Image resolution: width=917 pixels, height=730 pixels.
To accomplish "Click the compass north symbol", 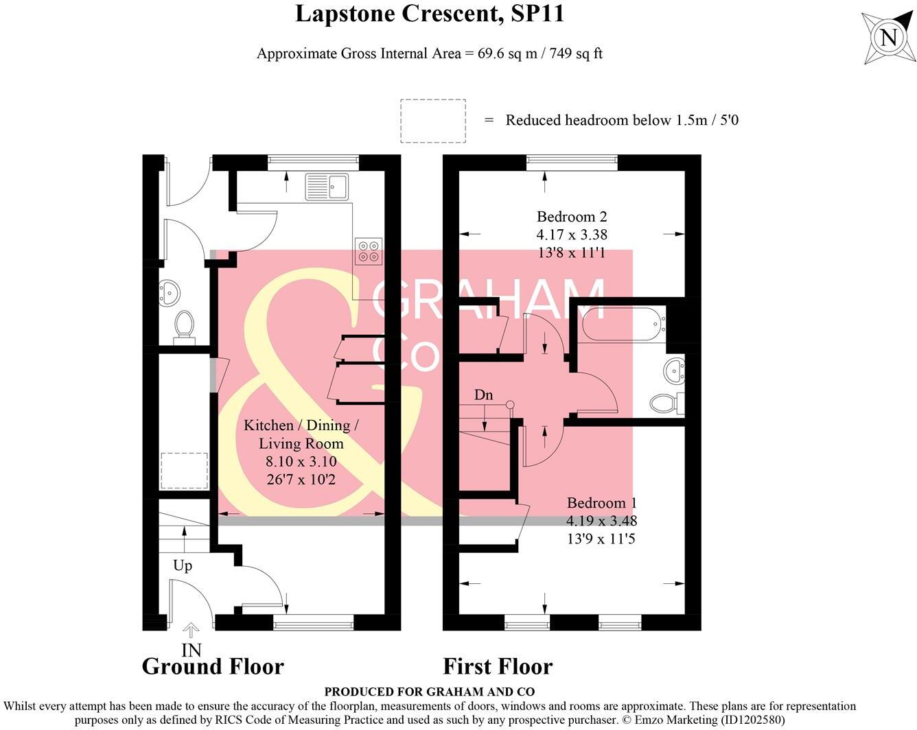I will pyautogui.click(x=888, y=37).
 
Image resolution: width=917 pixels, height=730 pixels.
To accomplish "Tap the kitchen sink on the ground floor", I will pyautogui.click(x=327, y=186).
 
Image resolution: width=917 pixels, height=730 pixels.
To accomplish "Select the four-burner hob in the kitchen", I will pyautogui.click(x=368, y=250).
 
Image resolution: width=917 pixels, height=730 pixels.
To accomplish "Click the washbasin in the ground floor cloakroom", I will pyautogui.click(x=169, y=293).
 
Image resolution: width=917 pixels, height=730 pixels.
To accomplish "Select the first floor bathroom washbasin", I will pyautogui.click(x=674, y=372).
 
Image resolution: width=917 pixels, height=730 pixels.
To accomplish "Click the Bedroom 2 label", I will pyautogui.click(x=571, y=217).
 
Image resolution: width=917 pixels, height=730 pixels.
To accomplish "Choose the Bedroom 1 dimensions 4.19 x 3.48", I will pyautogui.click(x=601, y=521).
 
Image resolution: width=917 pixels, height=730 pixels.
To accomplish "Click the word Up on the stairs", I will pyautogui.click(x=183, y=565).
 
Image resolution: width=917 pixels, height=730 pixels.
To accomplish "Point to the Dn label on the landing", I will pyautogui.click(x=483, y=395).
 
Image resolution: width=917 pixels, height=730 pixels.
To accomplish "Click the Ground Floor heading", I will pyautogui.click(x=213, y=666).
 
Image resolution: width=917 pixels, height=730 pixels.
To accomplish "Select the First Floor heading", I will pyautogui.click(x=498, y=666).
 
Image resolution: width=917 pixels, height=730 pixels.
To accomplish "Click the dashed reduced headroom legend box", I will pyautogui.click(x=432, y=121).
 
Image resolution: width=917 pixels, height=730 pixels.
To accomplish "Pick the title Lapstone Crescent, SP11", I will pyautogui.click(x=430, y=14).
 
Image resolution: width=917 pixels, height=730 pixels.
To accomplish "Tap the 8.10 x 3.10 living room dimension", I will pyautogui.click(x=301, y=462).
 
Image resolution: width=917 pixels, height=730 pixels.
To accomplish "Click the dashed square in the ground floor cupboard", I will pyautogui.click(x=183, y=471).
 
